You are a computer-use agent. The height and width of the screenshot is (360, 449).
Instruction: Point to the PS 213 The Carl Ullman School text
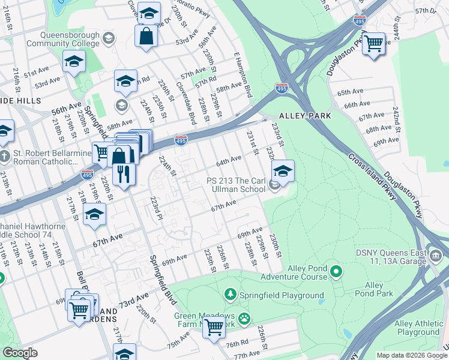coord(236,185)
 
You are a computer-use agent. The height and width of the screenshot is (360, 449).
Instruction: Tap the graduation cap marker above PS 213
coord(282,171)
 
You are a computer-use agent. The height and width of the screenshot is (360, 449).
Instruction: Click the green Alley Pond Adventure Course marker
coord(336,273)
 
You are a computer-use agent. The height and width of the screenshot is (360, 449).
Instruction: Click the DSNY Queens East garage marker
coord(436,257)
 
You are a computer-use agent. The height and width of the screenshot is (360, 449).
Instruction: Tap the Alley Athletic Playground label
coord(417,328)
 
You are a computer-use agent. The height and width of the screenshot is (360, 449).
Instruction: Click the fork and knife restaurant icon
coord(124,174)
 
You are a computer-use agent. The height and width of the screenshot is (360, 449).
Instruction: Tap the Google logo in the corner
coord(20,353)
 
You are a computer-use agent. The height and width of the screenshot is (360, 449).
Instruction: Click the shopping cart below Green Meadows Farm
coord(213,328)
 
